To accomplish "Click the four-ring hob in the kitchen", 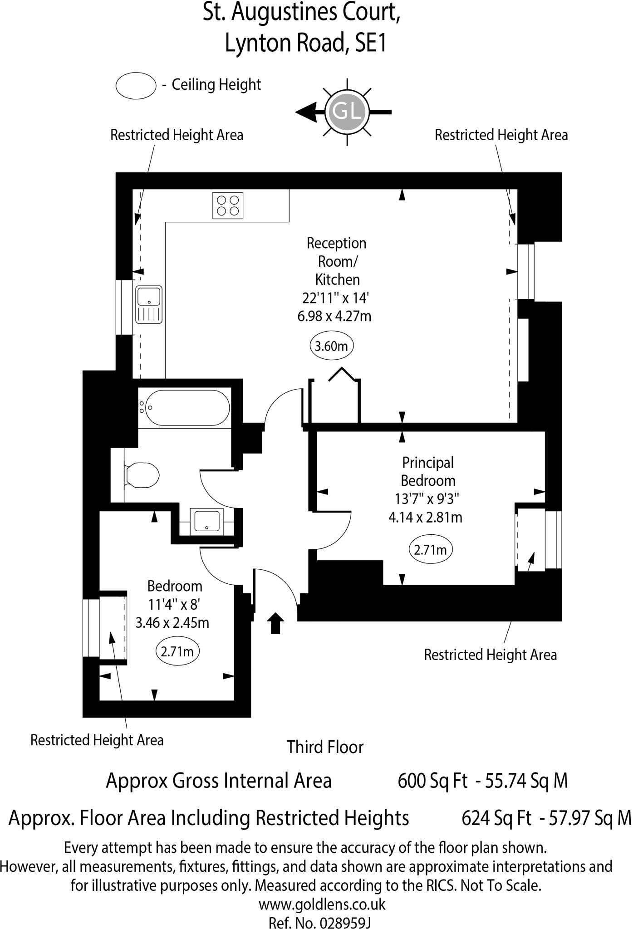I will click(228, 205).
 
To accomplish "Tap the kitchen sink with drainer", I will click(149, 304).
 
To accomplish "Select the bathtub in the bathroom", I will click(185, 407).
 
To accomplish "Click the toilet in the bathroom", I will click(142, 475).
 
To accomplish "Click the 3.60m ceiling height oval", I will click(332, 347).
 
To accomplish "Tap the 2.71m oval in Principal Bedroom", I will click(431, 550).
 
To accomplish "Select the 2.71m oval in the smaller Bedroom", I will click(177, 652).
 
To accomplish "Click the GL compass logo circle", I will click(347, 112).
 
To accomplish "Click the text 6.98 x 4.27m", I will click(334, 316).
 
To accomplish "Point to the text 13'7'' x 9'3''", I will click(427, 499).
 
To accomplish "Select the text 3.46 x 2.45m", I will click(172, 622).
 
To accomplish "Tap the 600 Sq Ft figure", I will click(432, 781).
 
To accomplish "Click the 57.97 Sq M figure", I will click(590, 818).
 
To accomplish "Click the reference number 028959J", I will click(345, 923).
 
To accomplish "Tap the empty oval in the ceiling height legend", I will click(136, 85).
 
